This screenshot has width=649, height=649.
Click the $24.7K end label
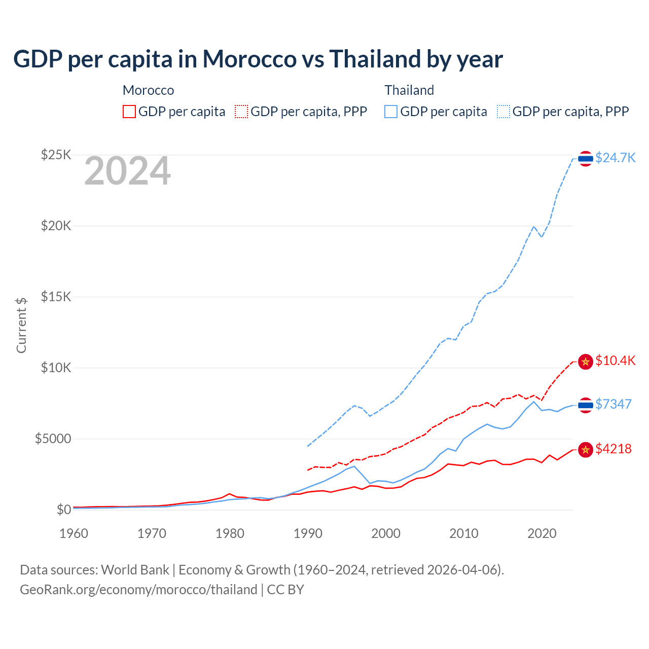(615, 158)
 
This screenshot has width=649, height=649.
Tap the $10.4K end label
(615, 360)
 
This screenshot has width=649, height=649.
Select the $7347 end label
(613, 404)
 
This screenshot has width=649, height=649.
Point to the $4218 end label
(613, 449)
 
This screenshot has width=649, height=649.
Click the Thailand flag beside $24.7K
(586, 159)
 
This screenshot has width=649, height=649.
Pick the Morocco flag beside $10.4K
(586, 362)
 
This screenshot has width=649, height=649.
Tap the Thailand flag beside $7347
(586, 405)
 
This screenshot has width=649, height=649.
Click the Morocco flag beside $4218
(586, 450)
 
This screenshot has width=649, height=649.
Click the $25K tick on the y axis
(56, 155)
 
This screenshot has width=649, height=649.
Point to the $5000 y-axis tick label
(53, 439)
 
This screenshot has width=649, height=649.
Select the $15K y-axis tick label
(56, 297)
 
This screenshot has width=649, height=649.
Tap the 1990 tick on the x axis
(308, 533)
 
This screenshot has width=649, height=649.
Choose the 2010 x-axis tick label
(464, 533)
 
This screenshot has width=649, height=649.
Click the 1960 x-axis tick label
(74, 533)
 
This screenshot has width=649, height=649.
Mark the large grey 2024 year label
(127, 171)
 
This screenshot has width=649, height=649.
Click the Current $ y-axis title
(21, 325)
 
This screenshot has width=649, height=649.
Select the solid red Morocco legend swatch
(129, 112)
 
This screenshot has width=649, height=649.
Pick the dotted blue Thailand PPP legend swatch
(503, 112)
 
